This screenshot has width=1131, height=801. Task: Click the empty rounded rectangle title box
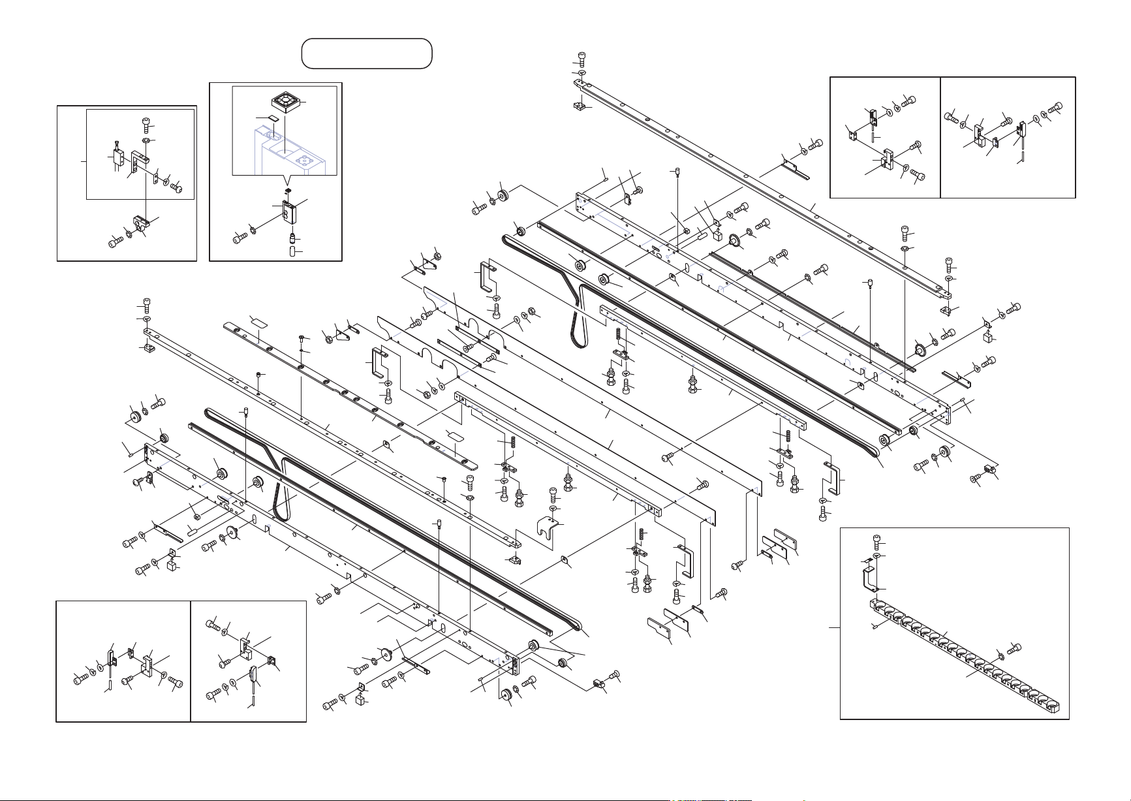point(367,53)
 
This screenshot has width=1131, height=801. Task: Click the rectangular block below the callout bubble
point(288,212)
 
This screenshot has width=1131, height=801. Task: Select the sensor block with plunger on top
point(118,157)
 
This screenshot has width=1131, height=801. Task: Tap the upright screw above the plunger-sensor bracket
point(146,124)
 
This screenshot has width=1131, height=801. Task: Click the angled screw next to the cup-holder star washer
point(1013,648)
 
